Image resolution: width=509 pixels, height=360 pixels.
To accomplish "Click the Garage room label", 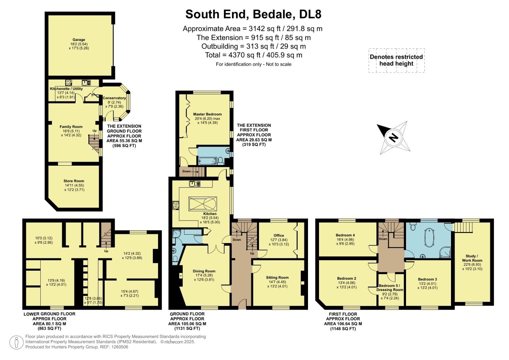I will tap(79, 40).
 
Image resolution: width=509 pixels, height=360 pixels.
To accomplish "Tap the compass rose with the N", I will tap(394, 137).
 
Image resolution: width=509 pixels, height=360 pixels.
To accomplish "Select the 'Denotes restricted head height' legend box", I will tap(396, 60).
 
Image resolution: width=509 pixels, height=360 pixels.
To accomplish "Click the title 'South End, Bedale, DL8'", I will tap(253, 14).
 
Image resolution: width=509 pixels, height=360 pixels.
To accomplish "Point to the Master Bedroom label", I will tap(207, 114).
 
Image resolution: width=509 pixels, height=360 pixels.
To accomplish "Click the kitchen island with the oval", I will tap(202, 203).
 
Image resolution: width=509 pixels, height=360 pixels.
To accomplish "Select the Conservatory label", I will tap(114, 98).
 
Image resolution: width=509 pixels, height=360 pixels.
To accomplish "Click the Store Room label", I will tap(74, 181).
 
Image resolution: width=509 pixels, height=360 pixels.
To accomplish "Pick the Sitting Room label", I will tap(277, 277).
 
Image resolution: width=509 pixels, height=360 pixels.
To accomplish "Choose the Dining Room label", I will tap(204, 271).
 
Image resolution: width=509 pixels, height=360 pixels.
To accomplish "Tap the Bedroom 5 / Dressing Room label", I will tap(390, 288).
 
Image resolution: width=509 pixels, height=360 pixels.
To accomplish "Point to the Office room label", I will tap(279, 235).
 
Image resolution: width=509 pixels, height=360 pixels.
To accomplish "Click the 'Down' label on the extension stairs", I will tap(186, 171).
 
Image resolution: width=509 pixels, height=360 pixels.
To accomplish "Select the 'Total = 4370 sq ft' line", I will tap(253, 55).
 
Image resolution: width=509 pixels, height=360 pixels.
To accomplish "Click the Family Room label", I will tap(71, 127).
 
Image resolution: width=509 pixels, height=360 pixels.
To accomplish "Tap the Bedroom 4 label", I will tap(345, 235).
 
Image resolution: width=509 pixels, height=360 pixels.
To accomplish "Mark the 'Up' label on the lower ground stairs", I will tap(106, 251).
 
